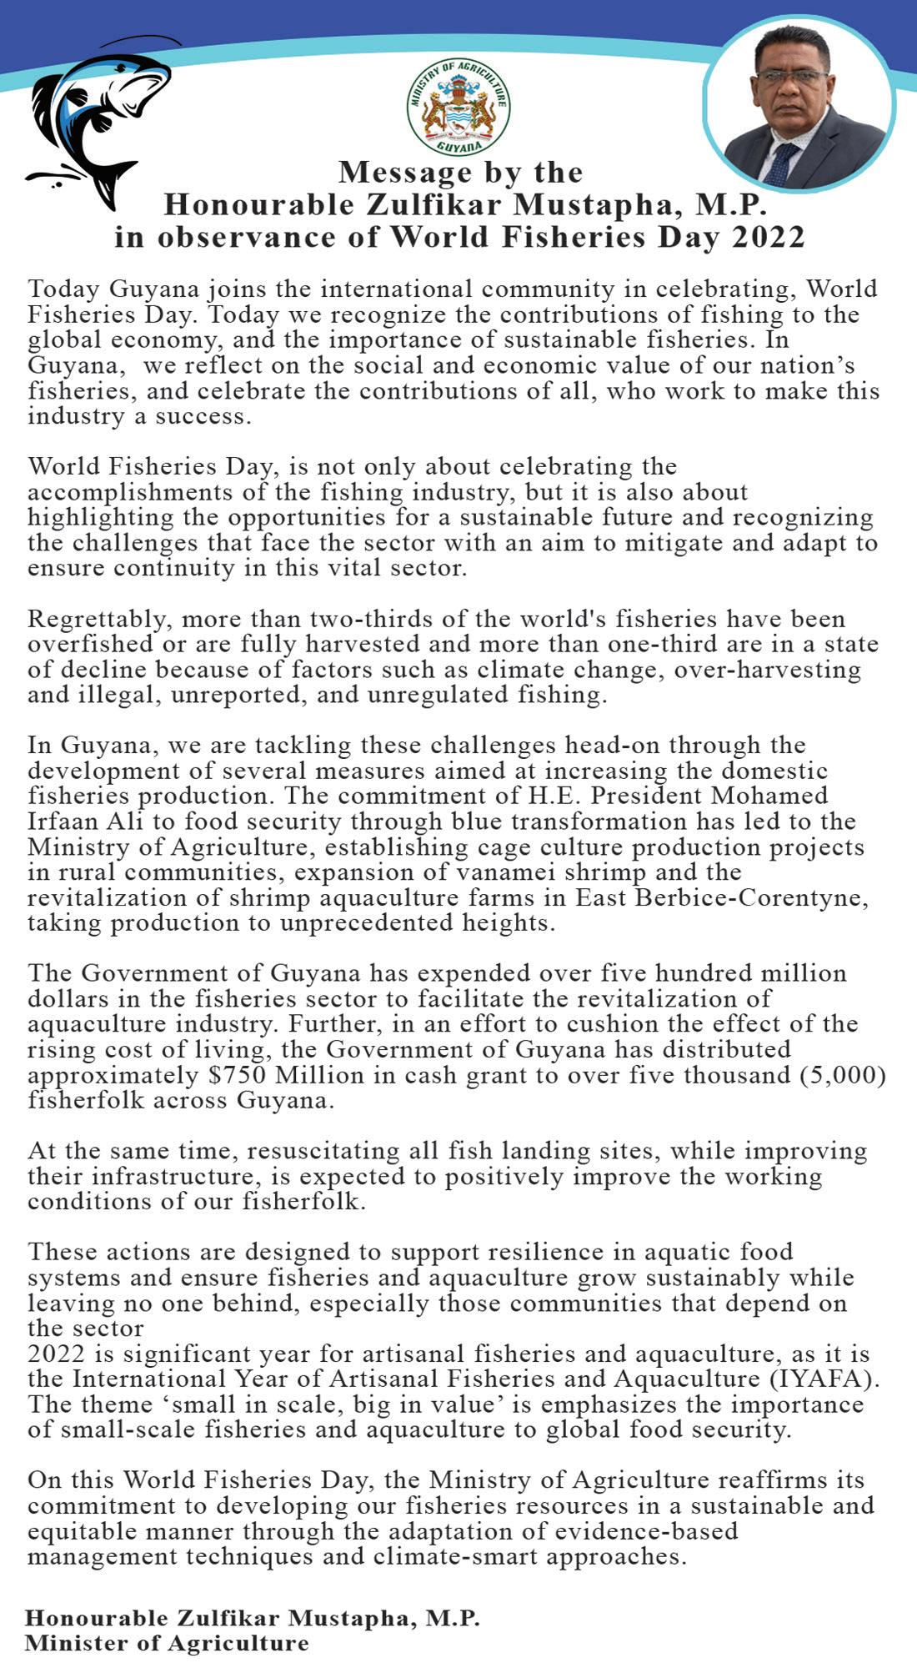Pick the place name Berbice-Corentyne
click(752, 898)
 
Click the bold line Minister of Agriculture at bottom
click(167, 1643)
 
